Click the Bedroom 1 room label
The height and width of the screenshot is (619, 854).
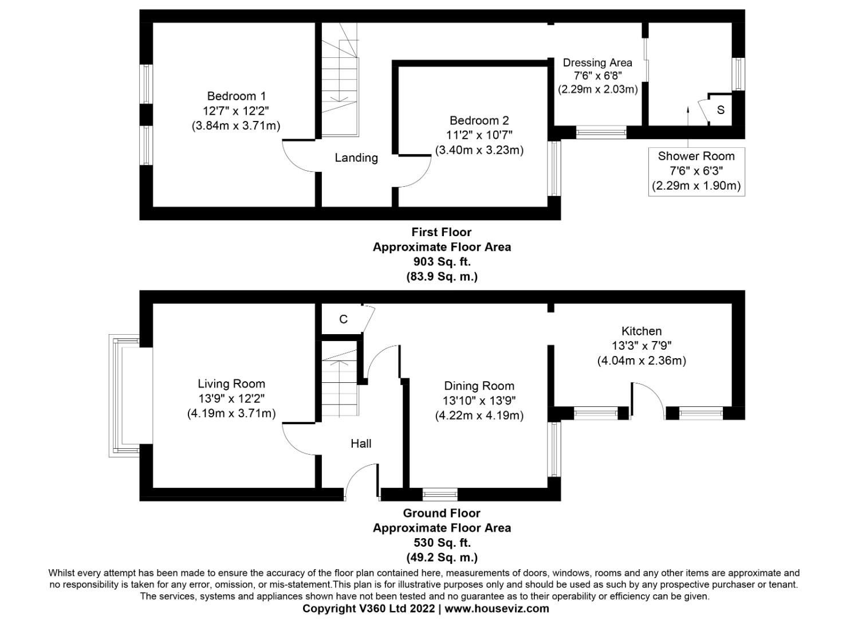point(236,96)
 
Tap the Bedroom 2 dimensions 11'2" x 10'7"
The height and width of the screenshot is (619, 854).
point(479,135)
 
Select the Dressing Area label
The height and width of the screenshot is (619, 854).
point(597,62)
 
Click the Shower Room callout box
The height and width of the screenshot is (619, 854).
point(696,171)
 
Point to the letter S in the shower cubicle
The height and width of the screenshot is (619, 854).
point(721,110)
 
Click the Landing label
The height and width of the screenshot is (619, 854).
point(356,158)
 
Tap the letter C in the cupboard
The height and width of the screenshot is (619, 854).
point(343,319)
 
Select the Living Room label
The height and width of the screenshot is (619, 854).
point(231,384)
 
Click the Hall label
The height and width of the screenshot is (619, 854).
point(361,443)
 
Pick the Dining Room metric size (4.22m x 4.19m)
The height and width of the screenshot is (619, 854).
point(479,416)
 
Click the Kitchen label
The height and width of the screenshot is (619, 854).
point(642,331)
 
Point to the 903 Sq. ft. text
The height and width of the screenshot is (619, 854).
point(442,261)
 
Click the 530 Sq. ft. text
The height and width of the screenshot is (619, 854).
point(442,542)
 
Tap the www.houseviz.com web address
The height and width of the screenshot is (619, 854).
point(497,609)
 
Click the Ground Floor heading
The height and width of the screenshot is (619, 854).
point(442,513)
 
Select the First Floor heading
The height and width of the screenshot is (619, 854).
point(442,232)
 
